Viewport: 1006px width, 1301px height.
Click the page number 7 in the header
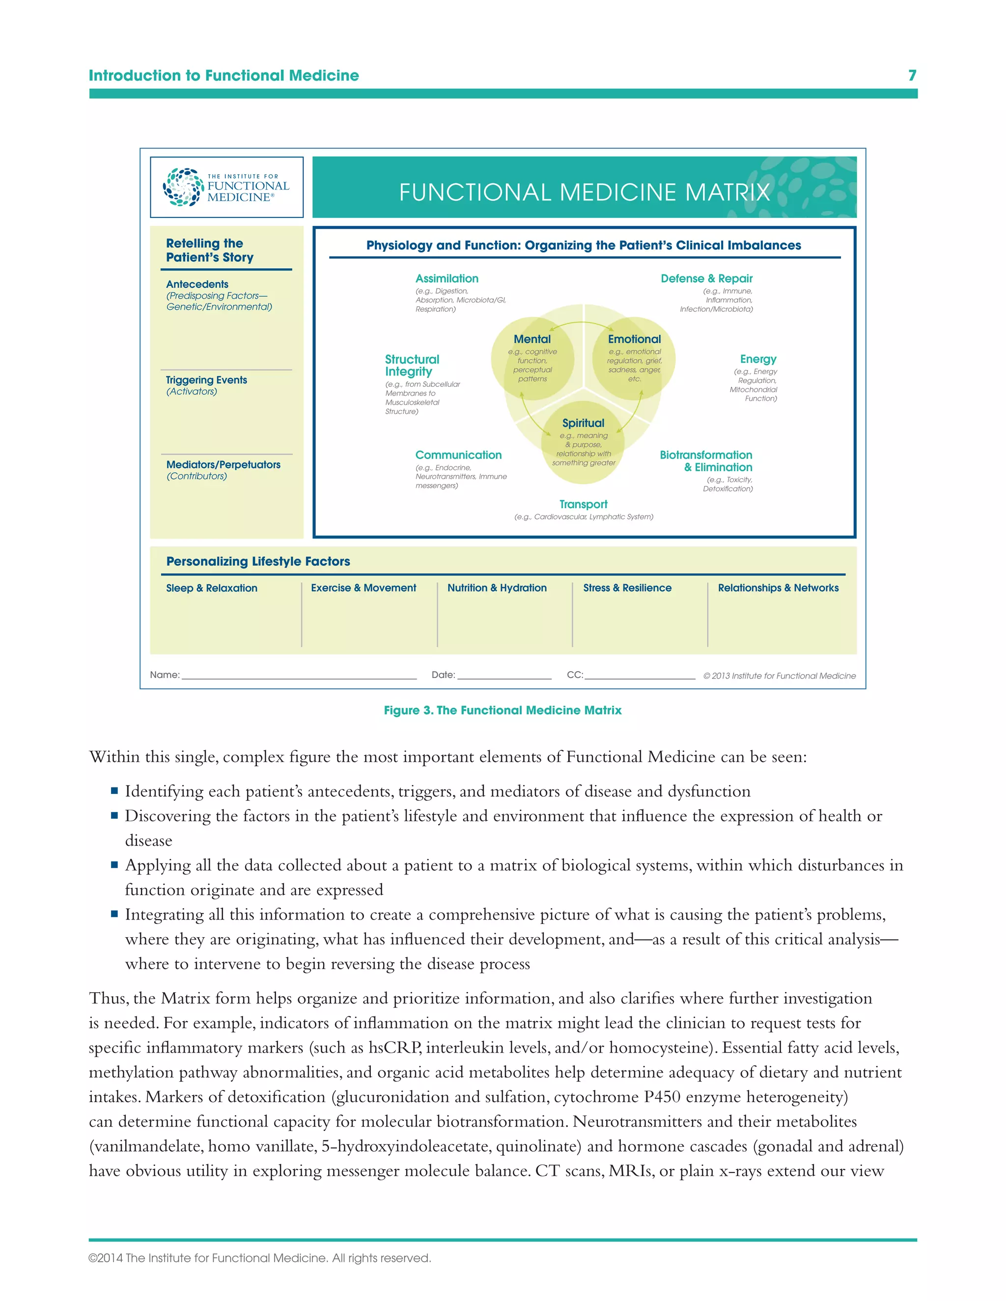pyautogui.click(x=912, y=75)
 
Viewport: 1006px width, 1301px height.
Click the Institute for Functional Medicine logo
pyautogui.click(x=226, y=187)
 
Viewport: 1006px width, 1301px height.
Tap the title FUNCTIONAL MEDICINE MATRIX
pyautogui.click(x=584, y=192)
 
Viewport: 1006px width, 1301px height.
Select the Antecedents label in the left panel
pyautogui.click(x=197, y=284)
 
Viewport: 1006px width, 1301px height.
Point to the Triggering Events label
pyautogui.click(x=206, y=380)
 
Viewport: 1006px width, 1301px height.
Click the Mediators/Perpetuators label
pyautogui.click(x=223, y=464)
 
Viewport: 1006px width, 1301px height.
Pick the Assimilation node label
pyautogui.click(x=447, y=279)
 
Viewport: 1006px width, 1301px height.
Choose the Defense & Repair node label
pyautogui.click(x=706, y=279)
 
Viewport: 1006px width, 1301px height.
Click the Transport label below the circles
pyautogui.click(x=583, y=505)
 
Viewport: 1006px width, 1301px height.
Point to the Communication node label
pyautogui.click(x=458, y=455)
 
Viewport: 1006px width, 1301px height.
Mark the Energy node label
pyautogui.click(x=758, y=359)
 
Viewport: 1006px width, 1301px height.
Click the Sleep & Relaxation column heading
pyautogui.click(x=212, y=588)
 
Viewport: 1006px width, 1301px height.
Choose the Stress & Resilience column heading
pyautogui.click(x=627, y=588)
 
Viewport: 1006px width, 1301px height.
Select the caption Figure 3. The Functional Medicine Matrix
pyautogui.click(x=503, y=710)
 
